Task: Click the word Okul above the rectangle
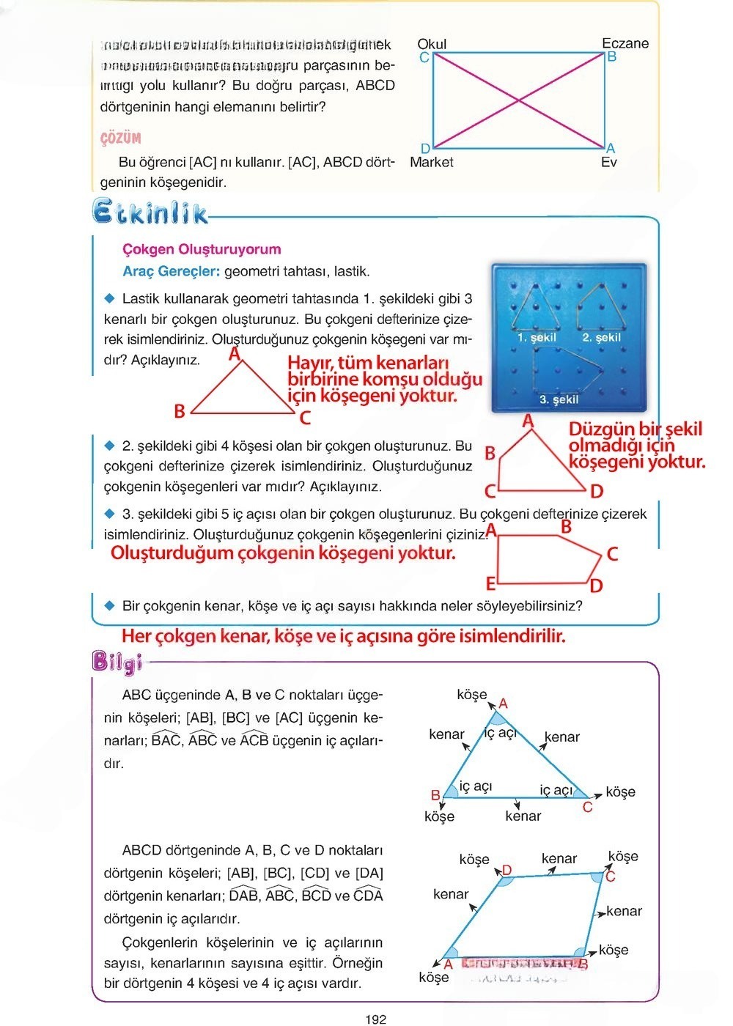click(432, 44)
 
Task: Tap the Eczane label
click(625, 43)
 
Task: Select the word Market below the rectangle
click(432, 162)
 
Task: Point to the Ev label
click(609, 162)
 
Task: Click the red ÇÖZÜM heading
click(120, 138)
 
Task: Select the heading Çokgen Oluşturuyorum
click(202, 249)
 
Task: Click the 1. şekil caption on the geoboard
click(537, 338)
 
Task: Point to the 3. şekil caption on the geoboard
click(559, 399)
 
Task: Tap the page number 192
click(375, 1019)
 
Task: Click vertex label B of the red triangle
click(180, 411)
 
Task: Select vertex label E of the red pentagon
click(491, 583)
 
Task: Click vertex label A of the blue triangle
click(503, 704)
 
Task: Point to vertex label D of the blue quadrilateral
click(507, 870)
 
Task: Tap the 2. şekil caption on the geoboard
click(601, 338)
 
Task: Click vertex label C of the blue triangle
click(587, 807)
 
